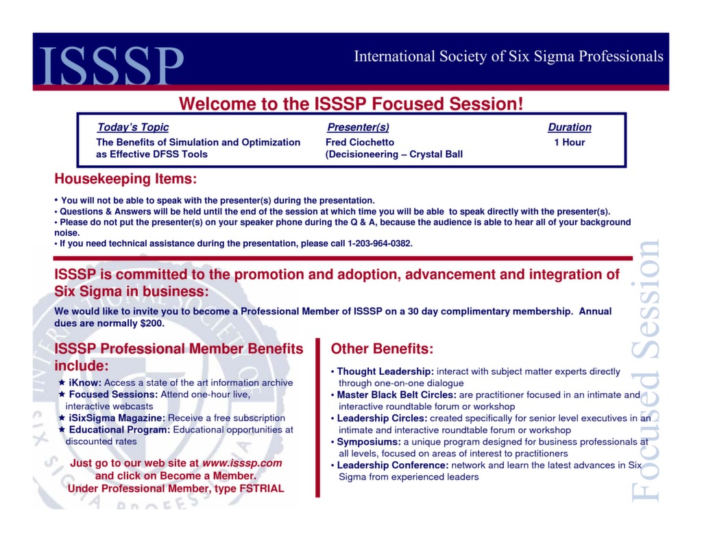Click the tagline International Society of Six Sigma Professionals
click(509, 56)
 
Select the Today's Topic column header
click(133, 127)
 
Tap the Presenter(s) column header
click(358, 127)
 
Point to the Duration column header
click(570, 127)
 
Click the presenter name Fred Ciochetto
click(360, 143)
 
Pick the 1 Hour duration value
click(570, 143)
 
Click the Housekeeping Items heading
click(126, 179)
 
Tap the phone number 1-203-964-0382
click(380, 243)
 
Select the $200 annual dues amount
click(152, 323)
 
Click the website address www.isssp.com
click(242, 463)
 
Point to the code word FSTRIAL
click(262, 489)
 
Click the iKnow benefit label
click(85, 382)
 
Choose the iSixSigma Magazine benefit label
click(117, 418)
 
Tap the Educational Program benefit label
click(119, 430)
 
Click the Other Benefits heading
click(382, 349)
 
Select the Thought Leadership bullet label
click(385, 371)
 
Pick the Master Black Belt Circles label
click(397, 395)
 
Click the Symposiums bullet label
click(369, 442)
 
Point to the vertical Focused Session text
click(645, 370)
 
